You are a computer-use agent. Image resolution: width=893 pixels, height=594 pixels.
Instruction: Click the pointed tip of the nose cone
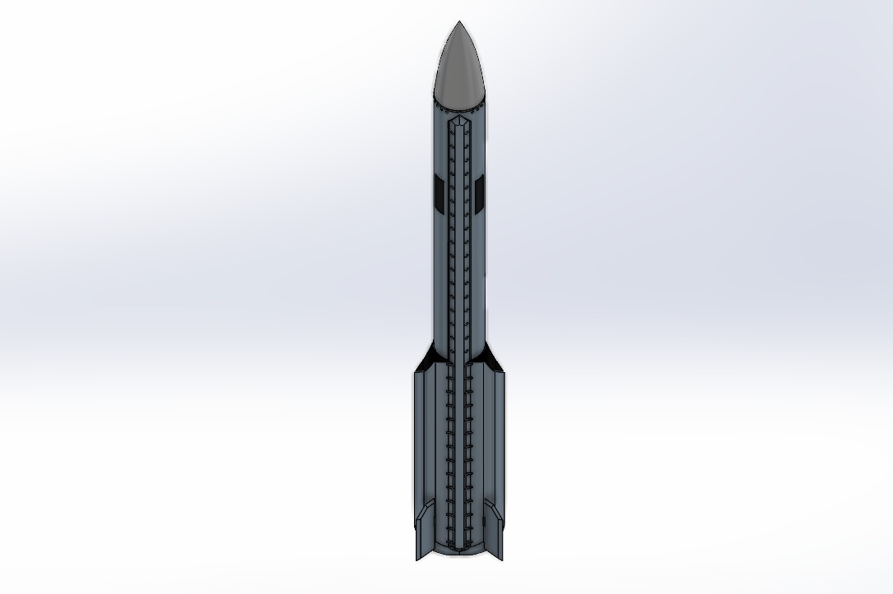458,22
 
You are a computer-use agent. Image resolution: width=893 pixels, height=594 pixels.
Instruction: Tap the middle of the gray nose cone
458,70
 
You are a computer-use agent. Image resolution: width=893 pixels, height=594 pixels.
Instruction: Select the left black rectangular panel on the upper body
440,191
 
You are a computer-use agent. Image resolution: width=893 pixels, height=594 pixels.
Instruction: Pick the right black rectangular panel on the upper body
478,191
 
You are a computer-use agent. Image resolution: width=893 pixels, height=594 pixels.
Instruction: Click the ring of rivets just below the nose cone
458,109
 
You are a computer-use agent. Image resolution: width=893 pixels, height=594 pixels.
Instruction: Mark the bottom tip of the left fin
417,559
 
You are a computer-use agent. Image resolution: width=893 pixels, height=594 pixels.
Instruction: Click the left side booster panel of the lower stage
426,444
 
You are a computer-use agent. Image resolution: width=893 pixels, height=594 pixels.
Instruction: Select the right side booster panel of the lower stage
491,444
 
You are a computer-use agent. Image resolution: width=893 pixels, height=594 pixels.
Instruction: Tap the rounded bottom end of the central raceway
458,546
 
